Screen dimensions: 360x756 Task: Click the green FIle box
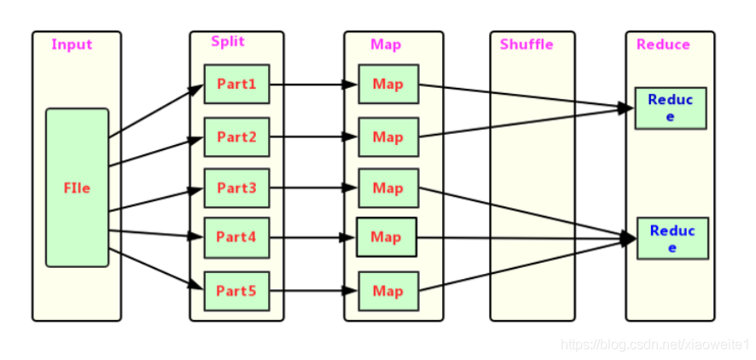(77, 188)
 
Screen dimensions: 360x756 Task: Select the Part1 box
(236, 84)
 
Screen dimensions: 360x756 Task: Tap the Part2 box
(236, 136)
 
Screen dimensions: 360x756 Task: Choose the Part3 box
(236, 188)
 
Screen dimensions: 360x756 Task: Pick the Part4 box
(236, 238)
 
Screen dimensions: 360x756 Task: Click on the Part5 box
(236, 291)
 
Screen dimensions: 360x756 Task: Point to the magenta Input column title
(72, 44)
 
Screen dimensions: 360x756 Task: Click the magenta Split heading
(228, 42)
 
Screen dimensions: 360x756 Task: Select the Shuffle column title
(526, 44)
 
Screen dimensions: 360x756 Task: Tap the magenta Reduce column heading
(663, 44)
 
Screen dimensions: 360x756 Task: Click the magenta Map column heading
(386, 44)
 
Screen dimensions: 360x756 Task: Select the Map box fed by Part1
(387, 84)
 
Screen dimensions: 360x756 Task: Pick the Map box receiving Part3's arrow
(387, 188)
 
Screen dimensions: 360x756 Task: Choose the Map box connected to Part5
(387, 291)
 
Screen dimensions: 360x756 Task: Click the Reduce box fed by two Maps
(670, 107)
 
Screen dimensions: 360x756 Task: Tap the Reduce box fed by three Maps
(672, 238)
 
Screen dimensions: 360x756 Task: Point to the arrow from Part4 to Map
(312, 238)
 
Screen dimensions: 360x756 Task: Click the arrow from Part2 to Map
(312, 136)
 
